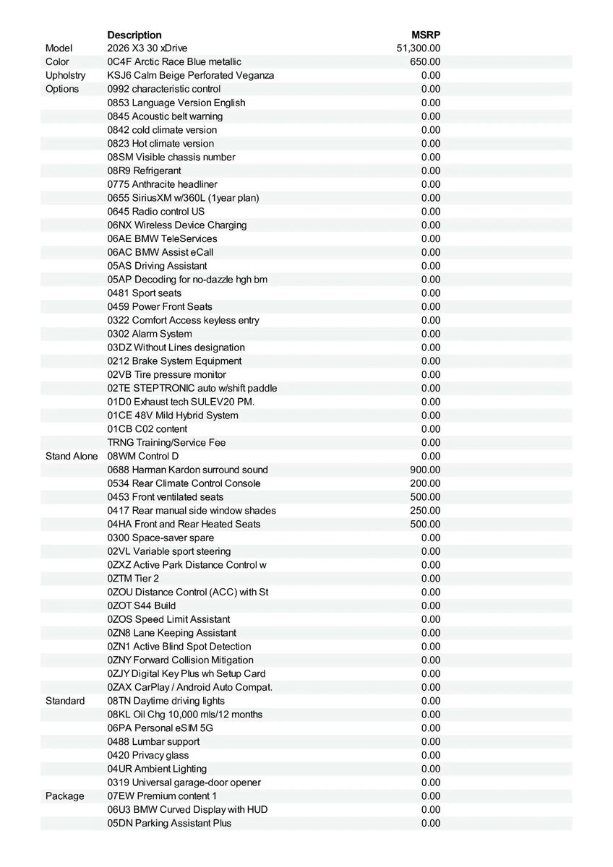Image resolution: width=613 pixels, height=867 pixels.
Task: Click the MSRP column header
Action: pyautogui.click(x=426, y=35)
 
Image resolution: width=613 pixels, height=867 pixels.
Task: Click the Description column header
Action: pyautogui.click(x=134, y=35)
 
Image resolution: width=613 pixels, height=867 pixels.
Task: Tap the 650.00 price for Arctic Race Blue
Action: pyautogui.click(x=425, y=62)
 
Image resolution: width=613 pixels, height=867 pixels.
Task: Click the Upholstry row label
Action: pyautogui.click(x=65, y=76)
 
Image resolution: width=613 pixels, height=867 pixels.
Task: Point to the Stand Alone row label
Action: pyautogui.click(x=72, y=457)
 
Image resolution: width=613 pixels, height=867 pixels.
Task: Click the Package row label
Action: pyautogui.click(x=64, y=796)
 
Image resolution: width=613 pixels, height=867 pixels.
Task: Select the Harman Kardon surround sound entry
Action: pyautogui.click(x=187, y=470)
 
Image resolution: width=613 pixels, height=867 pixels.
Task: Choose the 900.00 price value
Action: pyautogui.click(x=425, y=470)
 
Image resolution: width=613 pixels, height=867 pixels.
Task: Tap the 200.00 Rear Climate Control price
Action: pyautogui.click(x=425, y=484)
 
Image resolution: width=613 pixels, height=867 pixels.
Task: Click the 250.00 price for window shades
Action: pyautogui.click(x=425, y=511)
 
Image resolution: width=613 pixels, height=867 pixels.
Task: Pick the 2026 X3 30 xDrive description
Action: pyautogui.click(x=147, y=48)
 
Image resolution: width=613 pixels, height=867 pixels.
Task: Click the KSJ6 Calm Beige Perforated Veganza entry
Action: pyautogui.click(x=190, y=76)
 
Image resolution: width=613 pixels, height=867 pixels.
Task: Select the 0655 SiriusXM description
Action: pyautogui.click(x=183, y=198)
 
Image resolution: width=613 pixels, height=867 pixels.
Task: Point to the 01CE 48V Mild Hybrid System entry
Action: pyautogui.click(x=172, y=415)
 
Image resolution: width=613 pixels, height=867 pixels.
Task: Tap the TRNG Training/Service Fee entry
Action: pyautogui.click(x=166, y=443)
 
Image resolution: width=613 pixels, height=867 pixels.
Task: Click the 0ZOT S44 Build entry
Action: pyautogui.click(x=141, y=606)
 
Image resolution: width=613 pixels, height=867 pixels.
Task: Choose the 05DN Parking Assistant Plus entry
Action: pyautogui.click(x=169, y=824)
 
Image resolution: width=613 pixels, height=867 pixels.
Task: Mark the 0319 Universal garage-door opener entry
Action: pyautogui.click(x=184, y=782)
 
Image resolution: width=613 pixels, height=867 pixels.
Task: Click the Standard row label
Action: pyautogui.click(x=65, y=702)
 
